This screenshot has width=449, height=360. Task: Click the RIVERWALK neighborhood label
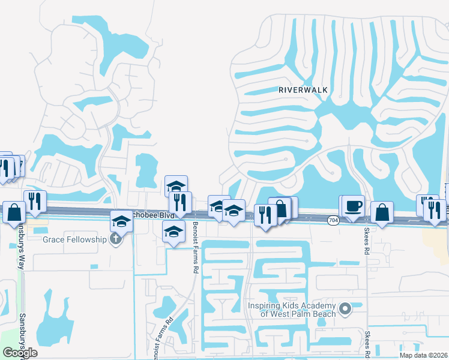tap(303, 89)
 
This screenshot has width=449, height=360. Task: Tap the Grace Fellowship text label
tap(77, 240)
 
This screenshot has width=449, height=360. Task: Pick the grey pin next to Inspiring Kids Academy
tap(345, 309)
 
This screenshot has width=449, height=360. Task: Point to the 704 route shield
tap(332, 221)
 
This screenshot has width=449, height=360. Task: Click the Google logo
tap(20, 352)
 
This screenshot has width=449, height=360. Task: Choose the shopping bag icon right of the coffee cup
tap(382, 212)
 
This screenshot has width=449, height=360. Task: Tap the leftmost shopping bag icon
tap(14, 212)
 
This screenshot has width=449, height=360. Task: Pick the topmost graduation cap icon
tap(176, 186)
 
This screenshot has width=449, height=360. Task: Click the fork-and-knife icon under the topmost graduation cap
tap(181, 201)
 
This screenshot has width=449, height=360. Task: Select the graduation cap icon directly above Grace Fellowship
tap(121, 222)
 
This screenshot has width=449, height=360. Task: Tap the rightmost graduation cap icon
tap(234, 211)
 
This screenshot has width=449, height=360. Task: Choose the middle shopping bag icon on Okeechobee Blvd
tap(280, 208)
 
